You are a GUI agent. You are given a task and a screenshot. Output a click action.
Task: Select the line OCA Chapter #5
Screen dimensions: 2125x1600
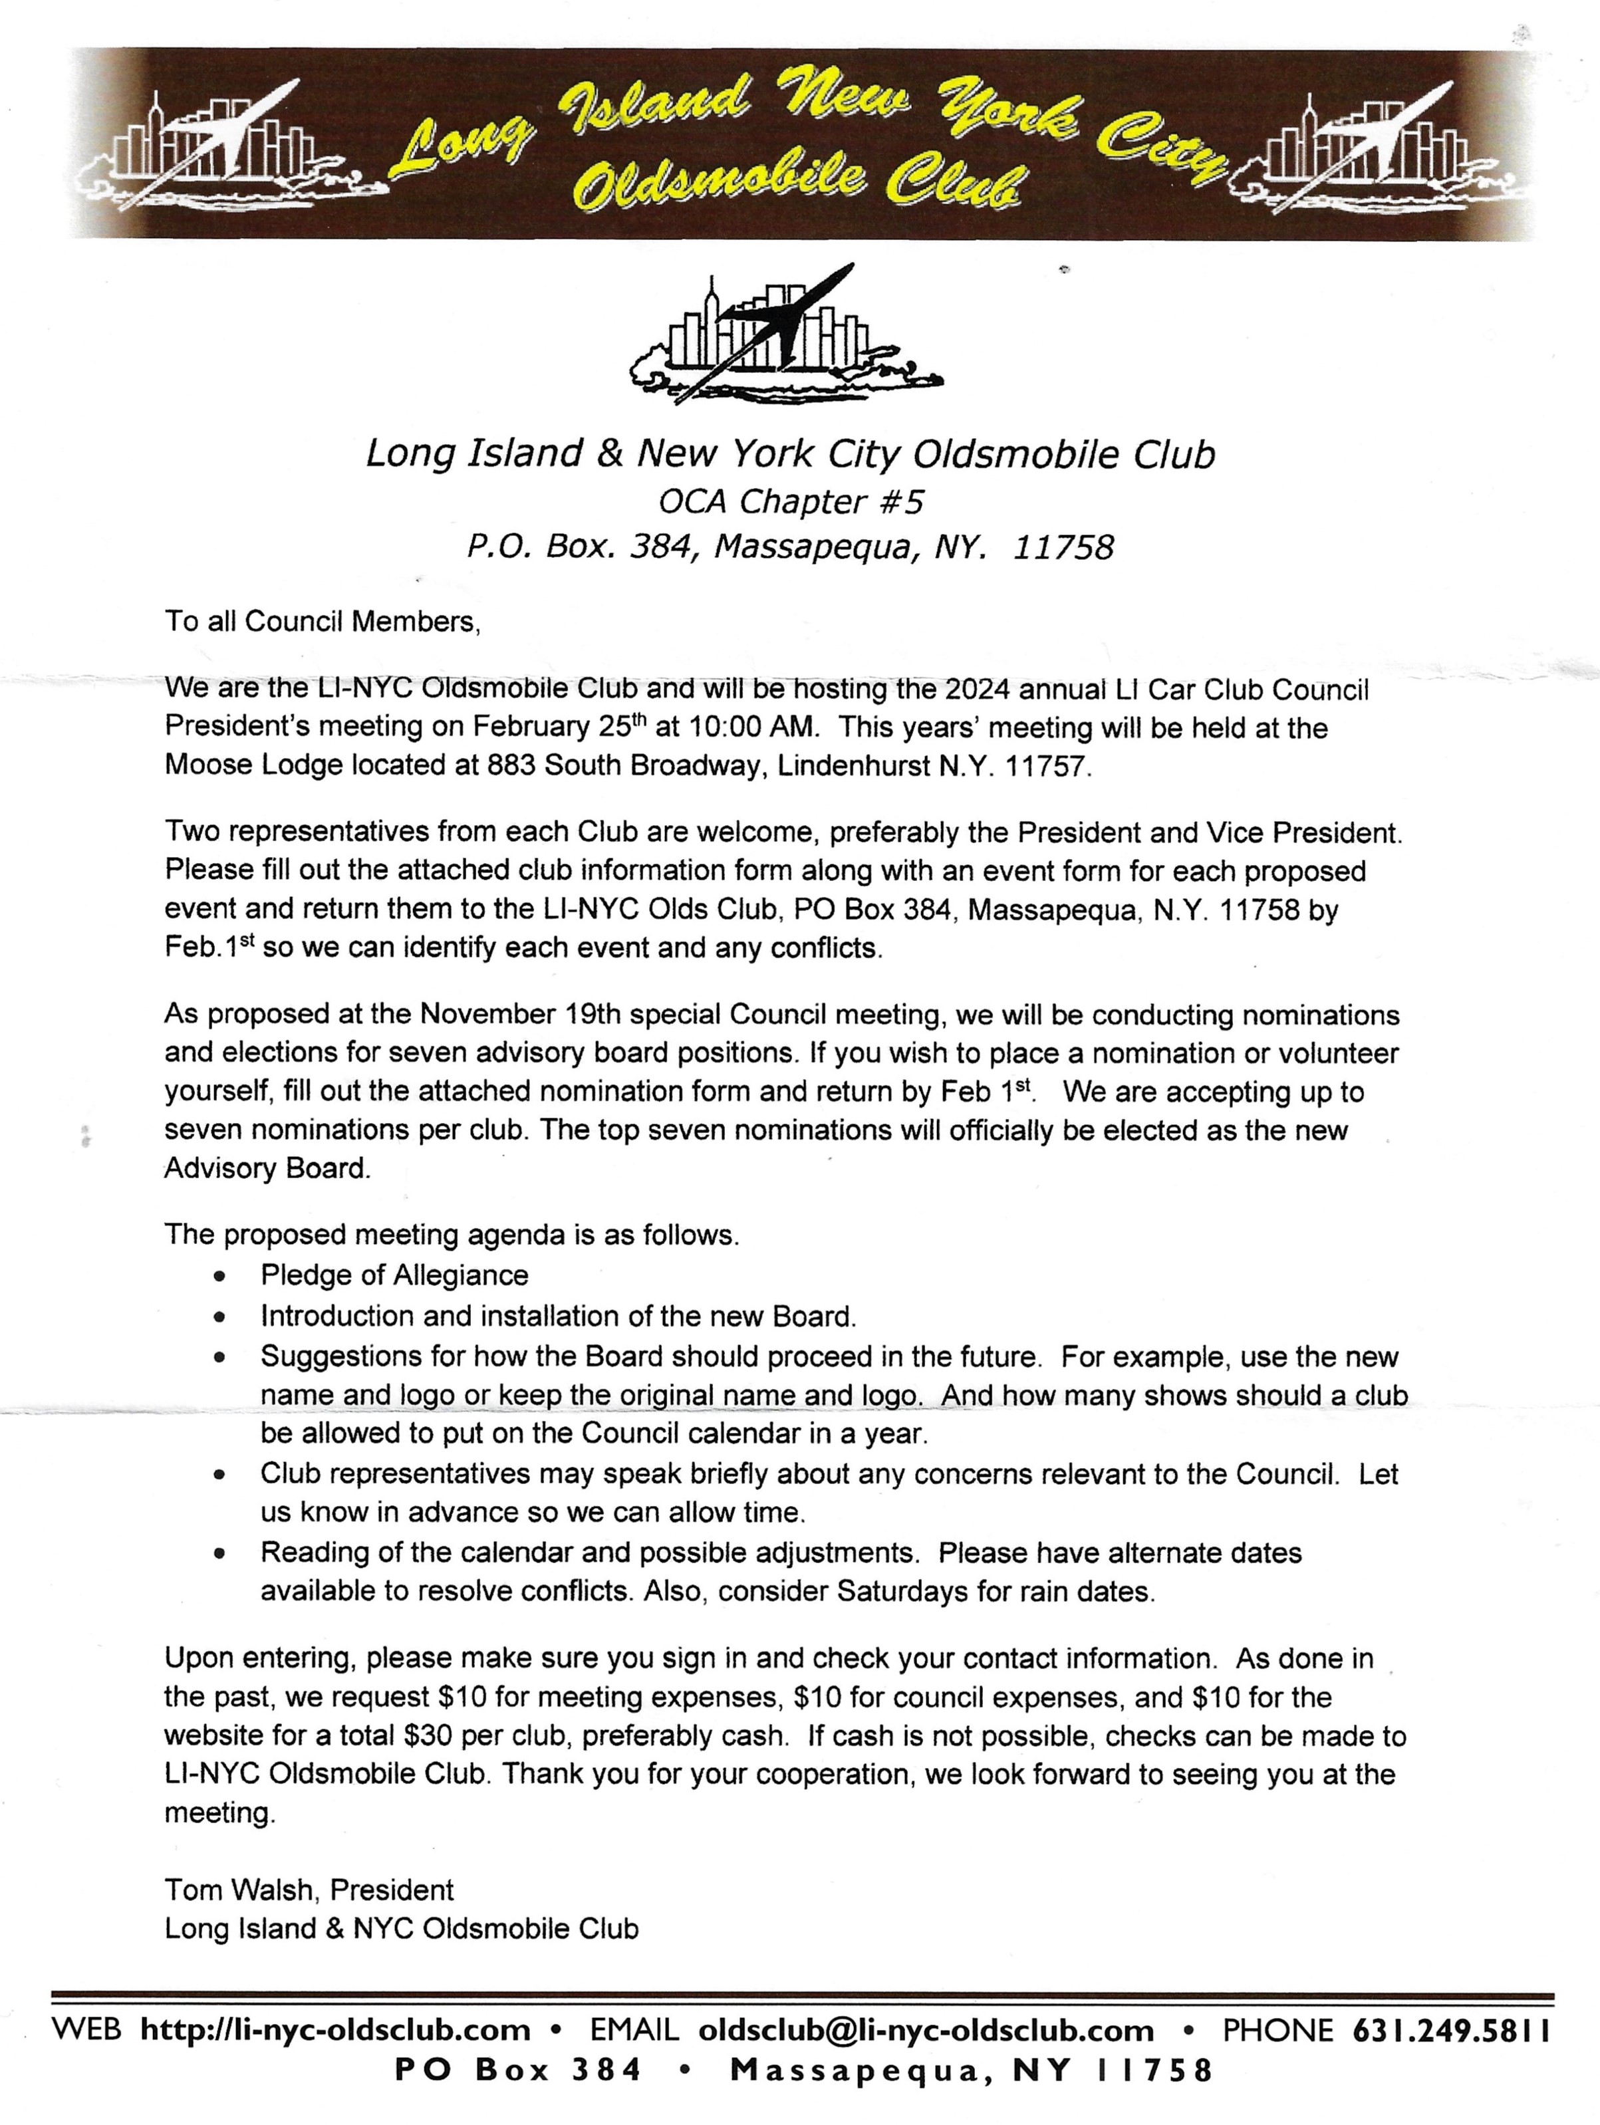pos(790,501)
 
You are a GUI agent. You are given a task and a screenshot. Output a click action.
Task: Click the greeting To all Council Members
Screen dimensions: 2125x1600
pos(322,622)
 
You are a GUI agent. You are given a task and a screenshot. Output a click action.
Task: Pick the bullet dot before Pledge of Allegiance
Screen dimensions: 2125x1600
pos(221,1277)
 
